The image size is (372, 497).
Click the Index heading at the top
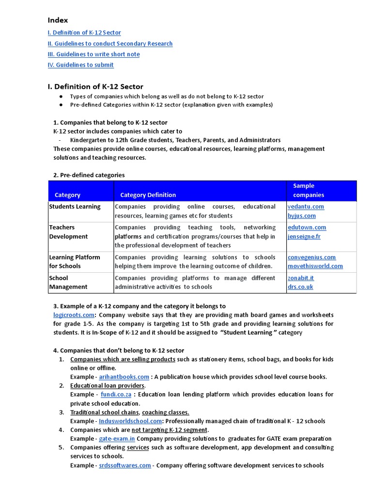click(x=58, y=20)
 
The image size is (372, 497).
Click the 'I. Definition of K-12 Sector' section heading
click(x=95, y=87)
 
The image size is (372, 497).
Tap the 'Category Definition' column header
click(x=148, y=195)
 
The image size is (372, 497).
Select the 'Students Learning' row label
click(x=75, y=207)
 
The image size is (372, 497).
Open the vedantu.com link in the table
click(x=306, y=207)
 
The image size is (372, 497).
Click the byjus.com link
click(x=301, y=216)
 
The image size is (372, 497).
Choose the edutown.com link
click(x=307, y=228)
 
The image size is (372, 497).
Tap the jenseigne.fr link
click(x=304, y=237)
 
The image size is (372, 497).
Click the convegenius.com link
click(x=311, y=258)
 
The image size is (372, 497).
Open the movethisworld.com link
click(x=315, y=266)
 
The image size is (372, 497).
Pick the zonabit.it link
click(x=301, y=278)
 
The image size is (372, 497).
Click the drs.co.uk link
click(x=300, y=287)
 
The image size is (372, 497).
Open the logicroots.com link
click(x=73, y=315)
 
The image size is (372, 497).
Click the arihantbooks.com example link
click(x=124, y=377)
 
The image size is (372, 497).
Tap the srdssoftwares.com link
click(x=125, y=465)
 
